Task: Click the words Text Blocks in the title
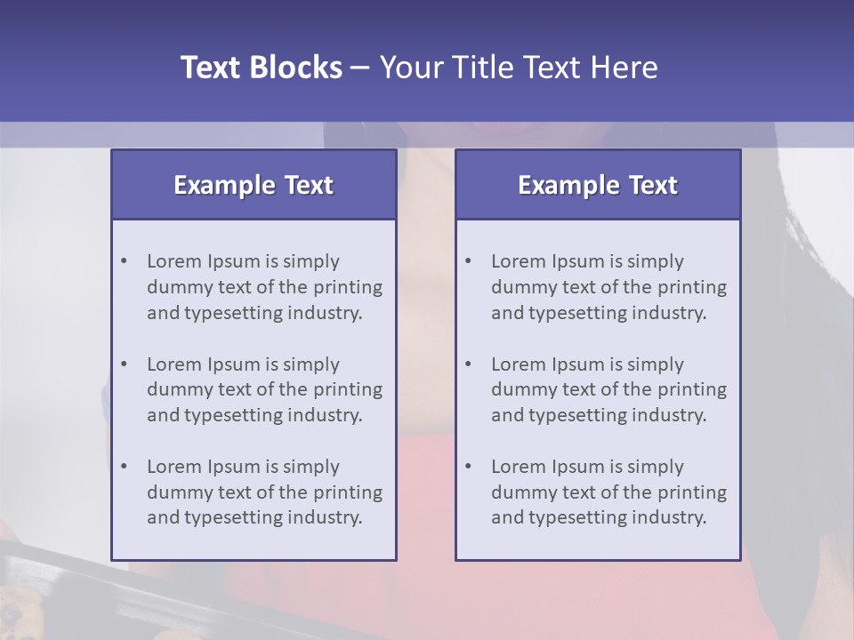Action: coord(261,68)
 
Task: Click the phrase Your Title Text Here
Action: coord(519,68)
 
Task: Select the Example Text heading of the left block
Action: coord(254,185)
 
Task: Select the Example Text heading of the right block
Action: coord(598,185)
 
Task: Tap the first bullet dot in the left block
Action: coord(124,261)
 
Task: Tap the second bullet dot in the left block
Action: coord(124,364)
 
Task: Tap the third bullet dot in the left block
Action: coord(124,467)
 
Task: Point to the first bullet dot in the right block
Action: coord(468,261)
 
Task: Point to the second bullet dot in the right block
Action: coord(468,364)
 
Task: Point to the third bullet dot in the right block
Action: coord(468,467)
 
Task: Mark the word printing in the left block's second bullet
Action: coord(348,389)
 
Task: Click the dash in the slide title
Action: coord(360,68)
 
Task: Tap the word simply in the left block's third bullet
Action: coord(311,467)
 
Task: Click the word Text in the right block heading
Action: coord(653,185)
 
